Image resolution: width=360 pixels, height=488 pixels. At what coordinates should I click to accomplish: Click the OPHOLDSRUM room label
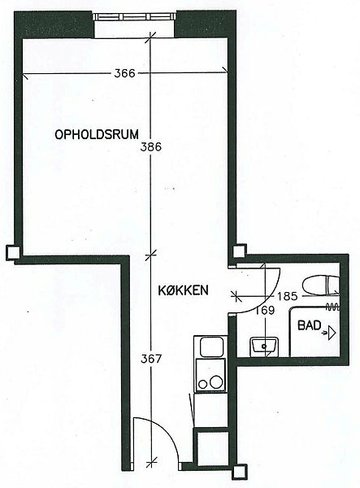(97, 135)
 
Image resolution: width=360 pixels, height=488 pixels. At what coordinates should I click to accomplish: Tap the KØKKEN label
(183, 290)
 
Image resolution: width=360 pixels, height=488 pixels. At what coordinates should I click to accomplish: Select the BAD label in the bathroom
(310, 325)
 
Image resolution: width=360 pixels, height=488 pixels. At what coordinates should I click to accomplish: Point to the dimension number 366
(124, 73)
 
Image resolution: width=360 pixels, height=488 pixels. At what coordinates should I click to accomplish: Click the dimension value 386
(151, 146)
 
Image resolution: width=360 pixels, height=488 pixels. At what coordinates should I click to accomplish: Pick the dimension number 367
(151, 359)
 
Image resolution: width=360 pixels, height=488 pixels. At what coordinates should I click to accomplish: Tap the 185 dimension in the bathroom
(287, 296)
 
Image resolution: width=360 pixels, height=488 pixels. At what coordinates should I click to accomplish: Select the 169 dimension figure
(265, 311)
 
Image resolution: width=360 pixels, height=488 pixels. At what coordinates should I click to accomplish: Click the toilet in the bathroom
(320, 285)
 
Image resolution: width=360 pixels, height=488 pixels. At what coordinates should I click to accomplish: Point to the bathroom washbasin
(265, 346)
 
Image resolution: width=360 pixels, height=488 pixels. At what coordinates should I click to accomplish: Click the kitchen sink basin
(212, 347)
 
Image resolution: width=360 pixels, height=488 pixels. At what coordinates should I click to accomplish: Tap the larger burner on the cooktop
(215, 381)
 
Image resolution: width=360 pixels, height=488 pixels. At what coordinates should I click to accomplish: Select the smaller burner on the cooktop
(202, 384)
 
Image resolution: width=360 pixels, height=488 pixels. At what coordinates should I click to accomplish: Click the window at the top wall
(135, 16)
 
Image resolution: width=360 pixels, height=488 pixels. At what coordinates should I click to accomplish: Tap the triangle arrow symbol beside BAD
(332, 333)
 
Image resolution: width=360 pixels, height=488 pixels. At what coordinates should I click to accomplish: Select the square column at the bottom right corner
(240, 472)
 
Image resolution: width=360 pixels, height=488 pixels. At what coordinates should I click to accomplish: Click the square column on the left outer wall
(13, 252)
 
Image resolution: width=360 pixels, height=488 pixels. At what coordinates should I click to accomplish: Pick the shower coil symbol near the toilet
(332, 307)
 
